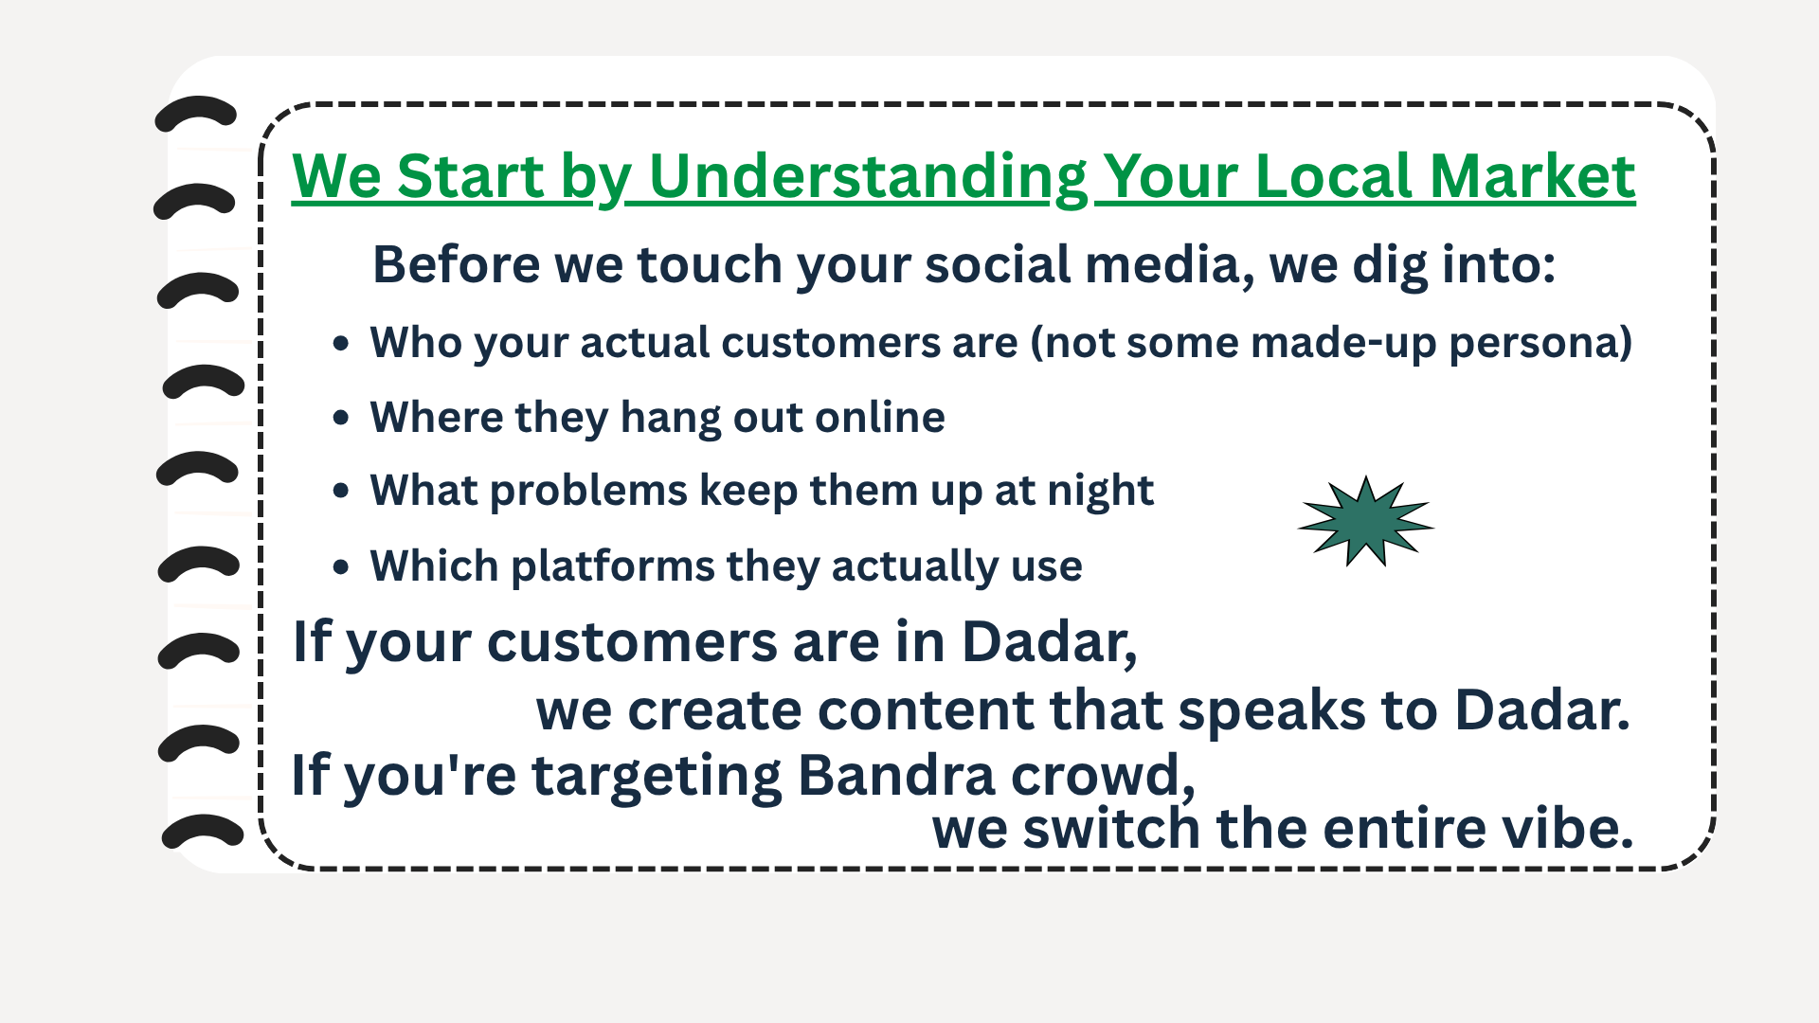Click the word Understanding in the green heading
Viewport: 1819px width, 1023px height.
click(869, 177)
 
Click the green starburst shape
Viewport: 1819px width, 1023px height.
click(1365, 521)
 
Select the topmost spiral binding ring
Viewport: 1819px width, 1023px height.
click(195, 113)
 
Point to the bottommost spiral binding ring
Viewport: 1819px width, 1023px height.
click(203, 831)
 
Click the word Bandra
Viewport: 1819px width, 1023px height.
click(897, 775)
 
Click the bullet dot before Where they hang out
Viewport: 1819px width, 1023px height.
click(341, 417)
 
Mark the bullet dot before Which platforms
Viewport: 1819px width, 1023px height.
click(341, 566)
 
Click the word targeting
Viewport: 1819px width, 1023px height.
click(657, 776)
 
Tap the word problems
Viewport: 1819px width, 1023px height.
click(588, 491)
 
